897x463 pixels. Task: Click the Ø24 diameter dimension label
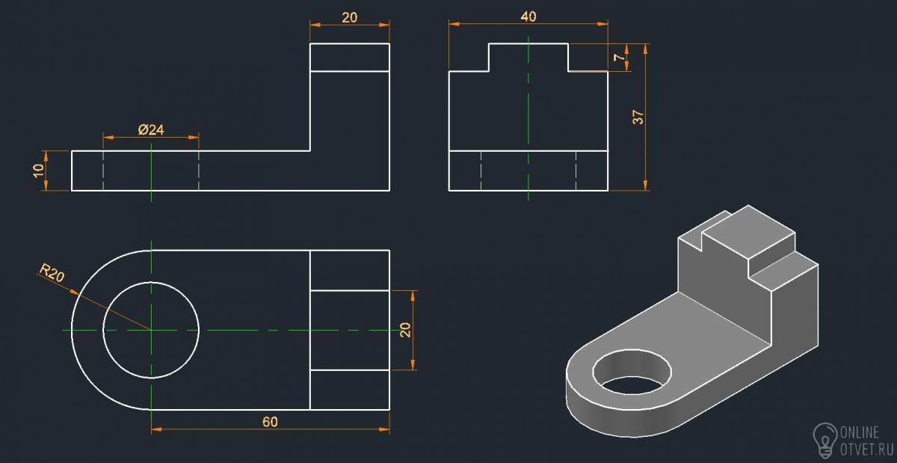click(x=151, y=129)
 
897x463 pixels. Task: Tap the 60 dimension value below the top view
click(x=270, y=422)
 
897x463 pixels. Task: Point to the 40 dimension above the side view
click(x=528, y=16)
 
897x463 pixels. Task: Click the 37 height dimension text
click(x=638, y=117)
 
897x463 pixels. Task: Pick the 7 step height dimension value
click(x=620, y=58)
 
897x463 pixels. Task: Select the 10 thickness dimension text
click(x=38, y=171)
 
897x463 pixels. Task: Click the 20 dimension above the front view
click(x=350, y=18)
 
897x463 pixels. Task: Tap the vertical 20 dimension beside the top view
click(x=405, y=330)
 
